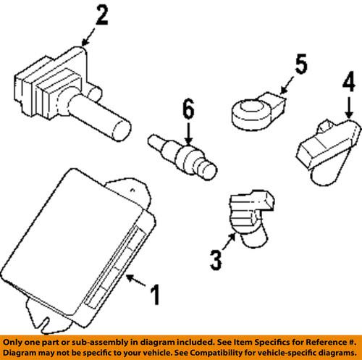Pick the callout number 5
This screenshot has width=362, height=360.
[x=300, y=67]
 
